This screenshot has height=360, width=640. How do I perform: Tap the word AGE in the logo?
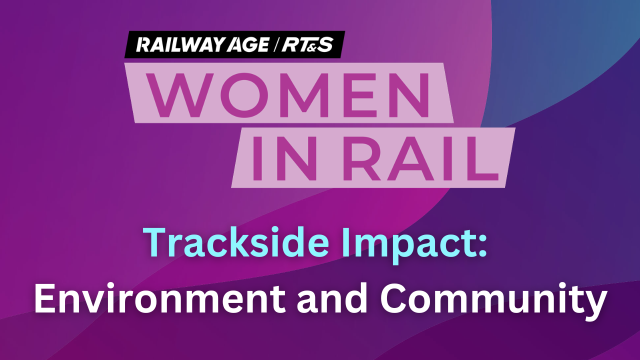[248, 44]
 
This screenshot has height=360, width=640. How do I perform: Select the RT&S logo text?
[307, 44]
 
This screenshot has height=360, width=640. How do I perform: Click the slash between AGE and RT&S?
[275, 44]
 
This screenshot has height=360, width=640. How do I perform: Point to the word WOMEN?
[288, 95]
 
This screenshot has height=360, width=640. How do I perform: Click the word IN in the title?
[285, 158]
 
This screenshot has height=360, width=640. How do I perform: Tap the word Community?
[493, 301]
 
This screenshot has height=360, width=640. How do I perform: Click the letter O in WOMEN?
[245, 95]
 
